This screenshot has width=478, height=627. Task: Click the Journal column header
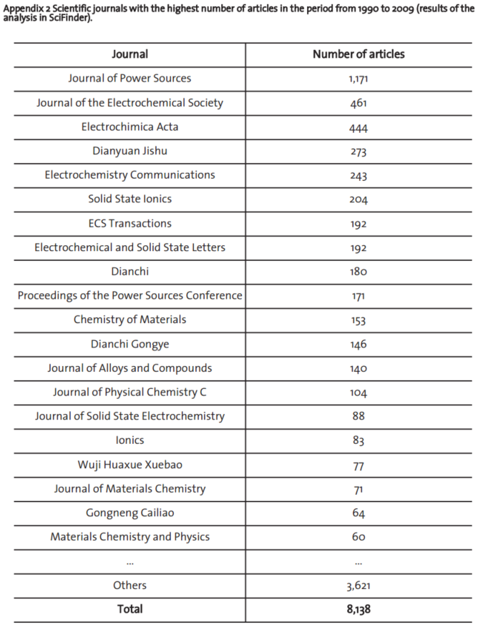click(130, 54)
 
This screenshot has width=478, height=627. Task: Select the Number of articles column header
click(358, 54)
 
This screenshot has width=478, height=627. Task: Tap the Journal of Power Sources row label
click(130, 78)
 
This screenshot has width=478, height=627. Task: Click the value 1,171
click(358, 79)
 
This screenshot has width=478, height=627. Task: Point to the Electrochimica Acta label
click(130, 127)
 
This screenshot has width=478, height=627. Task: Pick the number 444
click(358, 127)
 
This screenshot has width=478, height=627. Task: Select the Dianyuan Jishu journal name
click(130, 151)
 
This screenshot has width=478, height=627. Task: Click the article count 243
click(358, 175)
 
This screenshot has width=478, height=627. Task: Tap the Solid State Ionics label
click(130, 199)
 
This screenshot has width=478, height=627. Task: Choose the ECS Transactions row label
click(130, 223)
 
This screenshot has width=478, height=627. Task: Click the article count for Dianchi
click(358, 272)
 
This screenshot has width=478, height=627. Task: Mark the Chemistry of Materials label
click(130, 320)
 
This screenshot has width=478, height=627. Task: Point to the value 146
click(358, 345)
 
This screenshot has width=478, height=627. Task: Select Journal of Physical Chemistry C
click(130, 392)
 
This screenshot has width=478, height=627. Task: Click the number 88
click(358, 416)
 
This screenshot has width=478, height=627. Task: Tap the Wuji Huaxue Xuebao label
click(130, 465)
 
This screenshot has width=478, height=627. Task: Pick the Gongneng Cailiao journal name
click(130, 513)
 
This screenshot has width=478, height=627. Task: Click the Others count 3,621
click(358, 586)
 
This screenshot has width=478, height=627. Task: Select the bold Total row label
click(130, 609)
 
